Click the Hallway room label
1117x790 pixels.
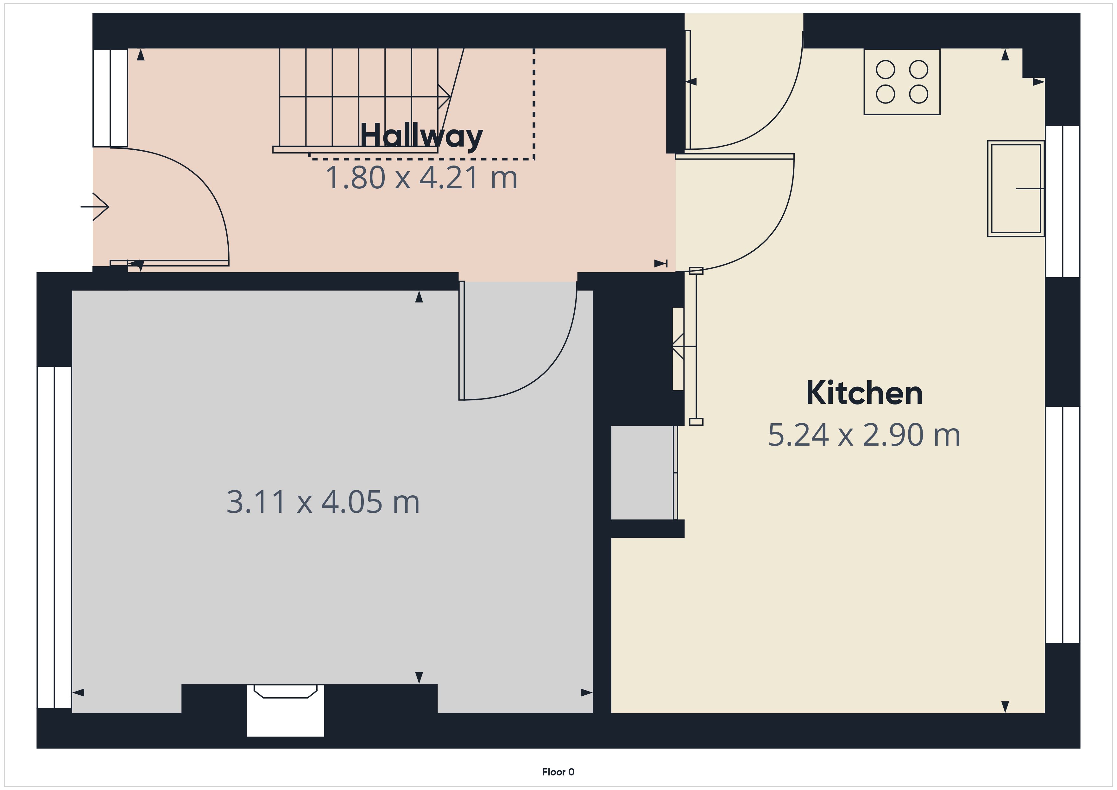[x=421, y=136]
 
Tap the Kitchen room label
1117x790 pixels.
[x=864, y=393]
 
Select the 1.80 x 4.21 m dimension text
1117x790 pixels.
[x=421, y=178]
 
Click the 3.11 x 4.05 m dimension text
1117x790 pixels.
[x=323, y=502]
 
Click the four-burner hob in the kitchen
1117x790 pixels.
[x=902, y=82]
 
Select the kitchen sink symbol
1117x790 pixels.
[x=1016, y=189]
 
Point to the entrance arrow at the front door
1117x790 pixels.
[x=95, y=207]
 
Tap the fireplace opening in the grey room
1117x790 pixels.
[x=286, y=710]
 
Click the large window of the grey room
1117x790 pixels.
[x=54, y=537]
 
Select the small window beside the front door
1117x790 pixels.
[x=110, y=98]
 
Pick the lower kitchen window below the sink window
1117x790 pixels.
[x=1063, y=525]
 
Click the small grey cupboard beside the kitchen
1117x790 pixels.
[x=642, y=472]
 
